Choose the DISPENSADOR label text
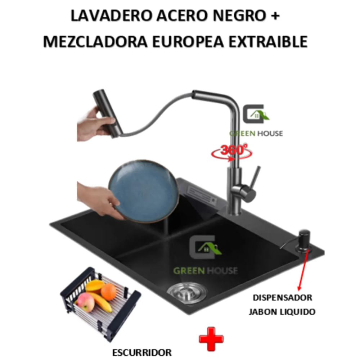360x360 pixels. [282, 298]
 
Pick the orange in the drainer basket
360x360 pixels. [108, 292]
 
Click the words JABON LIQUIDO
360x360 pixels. [282, 311]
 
